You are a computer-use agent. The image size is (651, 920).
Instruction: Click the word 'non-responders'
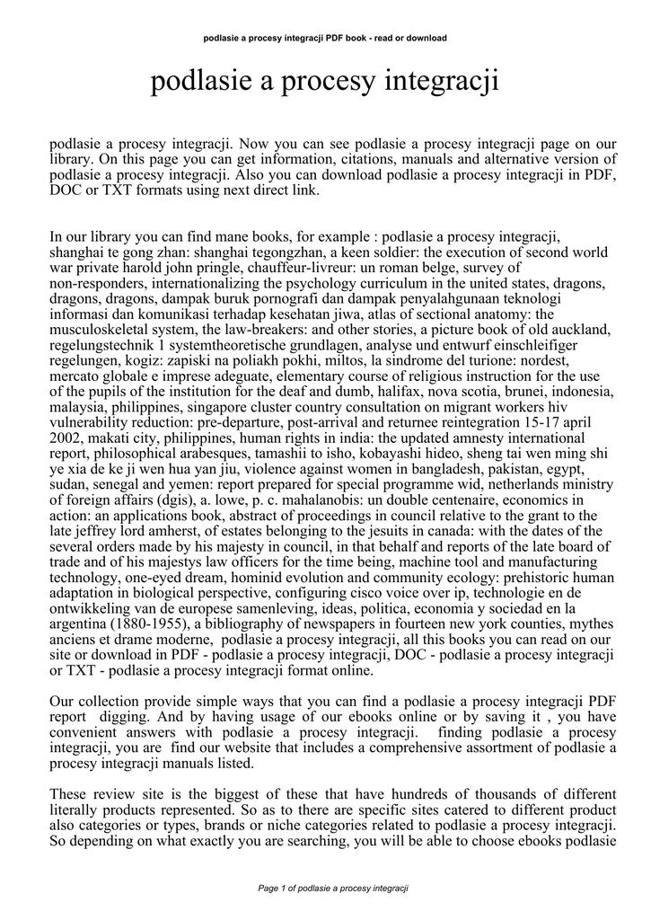tap(96, 283)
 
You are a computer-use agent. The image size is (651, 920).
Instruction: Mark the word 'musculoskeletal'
tap(99, 330)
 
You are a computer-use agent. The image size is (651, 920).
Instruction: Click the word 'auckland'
tap(582, 330)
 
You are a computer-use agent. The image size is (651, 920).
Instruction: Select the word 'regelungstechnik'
tap(101, 345)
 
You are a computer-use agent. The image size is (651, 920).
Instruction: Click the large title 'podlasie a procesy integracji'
tap(325, 83)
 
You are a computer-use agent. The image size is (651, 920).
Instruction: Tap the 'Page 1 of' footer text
tap(280, 888)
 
